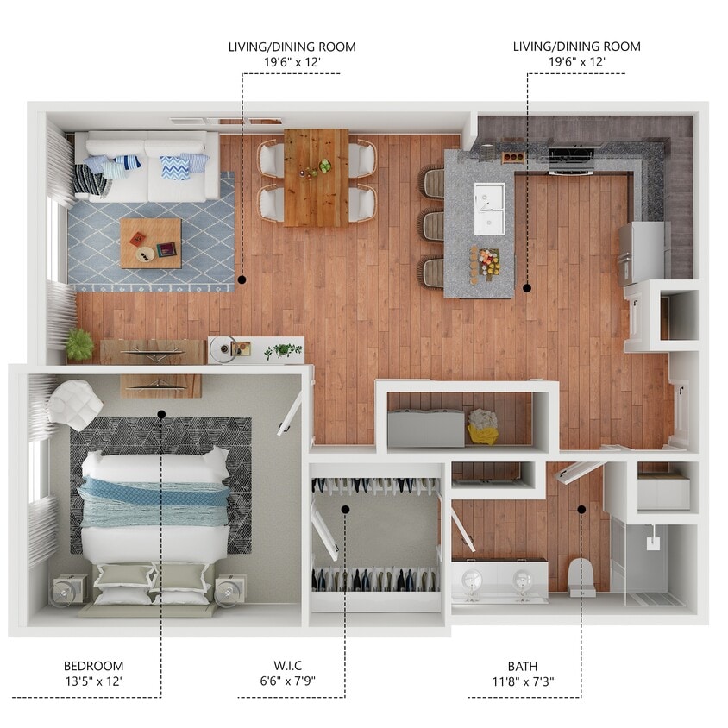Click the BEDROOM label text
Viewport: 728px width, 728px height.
tap(93, 666)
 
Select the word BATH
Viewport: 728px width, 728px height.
tap(522, 666)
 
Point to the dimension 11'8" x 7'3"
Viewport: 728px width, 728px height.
tap(522, 681)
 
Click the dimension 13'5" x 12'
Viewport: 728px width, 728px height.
tap(93, 681)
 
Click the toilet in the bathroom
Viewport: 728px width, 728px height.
tap(582, 576)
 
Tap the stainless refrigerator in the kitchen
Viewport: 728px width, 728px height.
tap(642, 252)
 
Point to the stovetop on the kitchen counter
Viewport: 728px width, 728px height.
tap(570, 158)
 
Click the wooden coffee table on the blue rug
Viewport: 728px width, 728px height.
tap(150, 242)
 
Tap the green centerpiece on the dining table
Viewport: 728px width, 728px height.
tap(325, 166)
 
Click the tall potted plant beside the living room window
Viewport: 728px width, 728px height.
tap(80, 344)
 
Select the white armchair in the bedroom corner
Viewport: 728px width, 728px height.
tap(74, 405)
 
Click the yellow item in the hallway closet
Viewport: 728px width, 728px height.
tap(483, 426)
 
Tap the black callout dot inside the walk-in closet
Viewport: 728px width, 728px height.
tap(345, 509)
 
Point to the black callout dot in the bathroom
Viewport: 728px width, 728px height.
tap(581, 509)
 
